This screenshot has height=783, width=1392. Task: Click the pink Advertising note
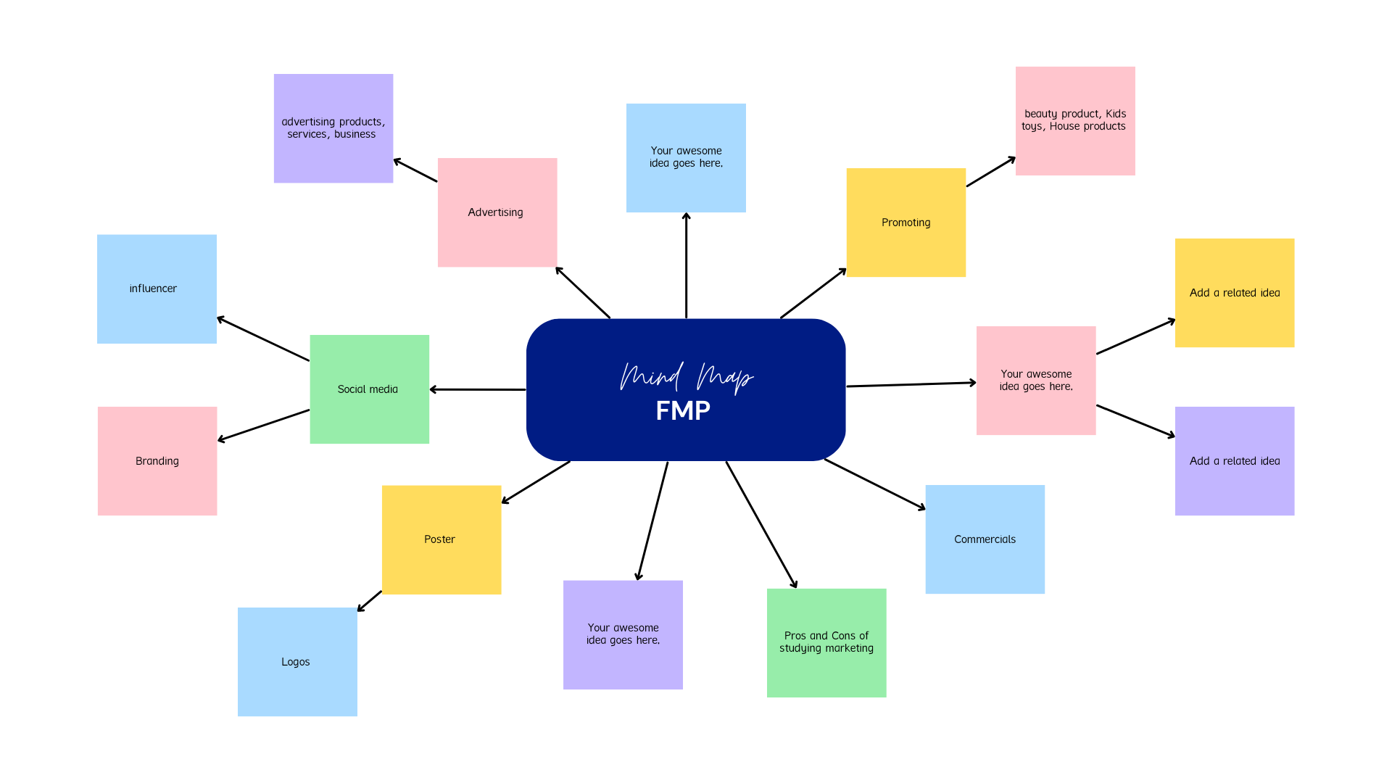tap(497, 212)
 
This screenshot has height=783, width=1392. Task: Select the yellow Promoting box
tap(906, 223)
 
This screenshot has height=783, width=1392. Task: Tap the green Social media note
tap(370, 389)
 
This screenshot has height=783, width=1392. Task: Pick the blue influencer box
tap(157, 289)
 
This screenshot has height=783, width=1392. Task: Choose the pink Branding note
tap(157, 461)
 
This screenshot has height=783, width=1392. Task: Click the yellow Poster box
tap(442, 540)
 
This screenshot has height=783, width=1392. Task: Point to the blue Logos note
tap(297, 662)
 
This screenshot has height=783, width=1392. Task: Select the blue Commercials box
tap(985, 539)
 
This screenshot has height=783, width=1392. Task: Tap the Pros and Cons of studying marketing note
tap(826, 643)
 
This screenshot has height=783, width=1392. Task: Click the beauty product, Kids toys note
tap(1075, 121)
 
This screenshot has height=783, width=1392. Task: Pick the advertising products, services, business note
tap(333, 128)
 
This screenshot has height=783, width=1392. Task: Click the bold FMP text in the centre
tap(683, 410)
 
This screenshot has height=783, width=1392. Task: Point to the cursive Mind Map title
tap(687, 377)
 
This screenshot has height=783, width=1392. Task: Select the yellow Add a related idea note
tap(1235, 293)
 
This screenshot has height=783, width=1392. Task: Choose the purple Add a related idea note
tap(1235, 461)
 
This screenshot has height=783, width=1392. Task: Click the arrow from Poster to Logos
tap(369, 601)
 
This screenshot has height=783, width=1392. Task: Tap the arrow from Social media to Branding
tap(263, 426)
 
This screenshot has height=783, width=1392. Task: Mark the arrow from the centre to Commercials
tap(875, 484)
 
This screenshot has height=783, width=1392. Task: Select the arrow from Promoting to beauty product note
tap(991, 171)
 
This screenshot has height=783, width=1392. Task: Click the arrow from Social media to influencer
tap(263, 339)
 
